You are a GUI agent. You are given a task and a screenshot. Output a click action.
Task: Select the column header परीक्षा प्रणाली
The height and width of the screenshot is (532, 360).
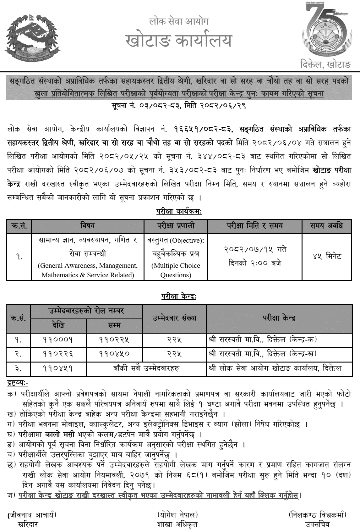tap(176, 225)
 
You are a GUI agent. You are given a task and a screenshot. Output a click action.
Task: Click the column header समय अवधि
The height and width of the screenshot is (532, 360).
tap(327, 225)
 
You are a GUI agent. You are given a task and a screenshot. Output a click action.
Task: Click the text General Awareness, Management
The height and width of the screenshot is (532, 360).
tap(88, 266)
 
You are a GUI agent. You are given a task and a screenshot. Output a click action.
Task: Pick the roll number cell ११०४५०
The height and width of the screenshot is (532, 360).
tap(114, 353)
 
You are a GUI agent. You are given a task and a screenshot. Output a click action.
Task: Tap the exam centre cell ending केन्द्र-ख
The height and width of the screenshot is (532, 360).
tap(263, 353)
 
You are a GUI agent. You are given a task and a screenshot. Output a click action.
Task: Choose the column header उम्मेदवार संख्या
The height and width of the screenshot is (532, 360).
tap(175, 318)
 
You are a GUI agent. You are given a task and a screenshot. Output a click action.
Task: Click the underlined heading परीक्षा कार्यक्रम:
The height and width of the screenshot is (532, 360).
tap(179, 212)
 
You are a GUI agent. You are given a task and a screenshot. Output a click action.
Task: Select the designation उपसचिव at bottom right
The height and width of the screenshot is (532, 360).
tap(317, 524)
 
